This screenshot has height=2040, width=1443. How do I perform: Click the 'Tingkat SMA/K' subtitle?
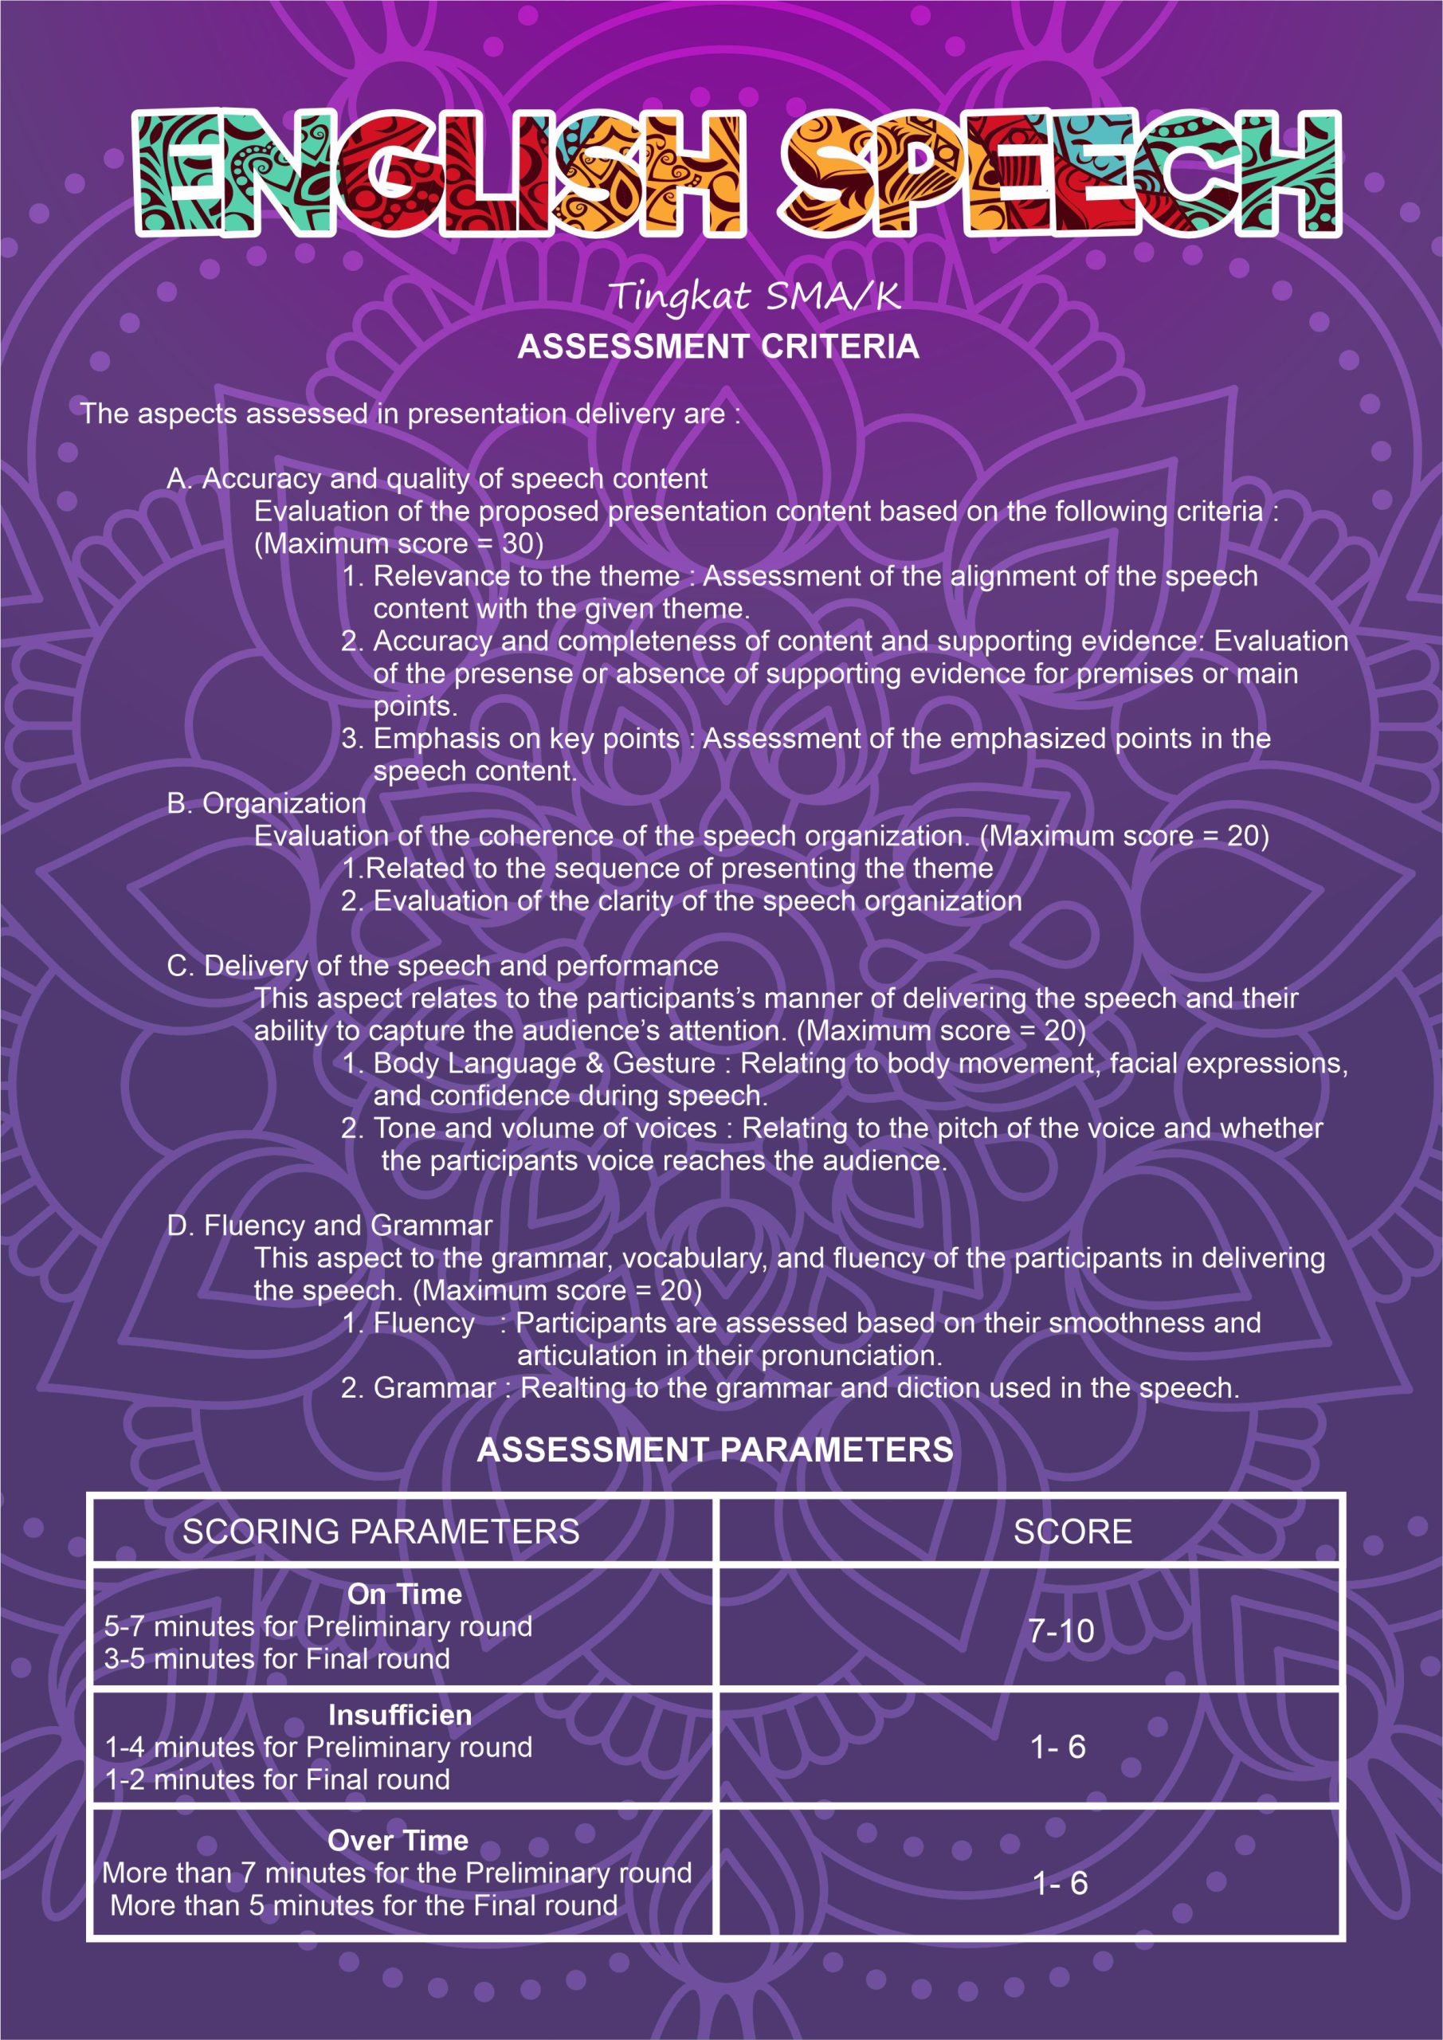pyautogui.click(x=755, y=296)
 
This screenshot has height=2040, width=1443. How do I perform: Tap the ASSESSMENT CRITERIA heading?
pyautogui.click(x=718, y=347)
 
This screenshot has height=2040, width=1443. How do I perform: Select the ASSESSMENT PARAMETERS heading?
pyautogui.click(x=716, y=1450)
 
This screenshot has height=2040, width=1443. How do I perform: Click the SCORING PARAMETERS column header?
pyautogui.click(x=380, y=1532)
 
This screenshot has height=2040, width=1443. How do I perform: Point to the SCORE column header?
pyautogui.click(x=1072, y=1532)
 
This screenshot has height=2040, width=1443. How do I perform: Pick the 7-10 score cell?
pyautogui.click(x=1061, y=1630)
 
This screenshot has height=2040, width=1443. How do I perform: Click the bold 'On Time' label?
pyautogui.click(x=404, y=1594)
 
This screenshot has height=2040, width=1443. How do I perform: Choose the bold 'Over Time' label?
pyautogui.click(x=398, y=1840)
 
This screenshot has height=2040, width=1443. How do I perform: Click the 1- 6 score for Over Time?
pyautogui.click(x=1060, y=1884)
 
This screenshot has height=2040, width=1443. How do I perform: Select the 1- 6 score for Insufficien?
pyautogui.click(x=1057, y=1747)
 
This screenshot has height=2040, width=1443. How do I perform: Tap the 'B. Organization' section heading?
pyautogui.click(x=267, y=803)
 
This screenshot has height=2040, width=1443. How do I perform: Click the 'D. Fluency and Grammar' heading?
pyautogui.click(x=330, y=1226)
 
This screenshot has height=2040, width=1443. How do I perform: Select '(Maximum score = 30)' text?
pyautogui.click(x=399, y=543)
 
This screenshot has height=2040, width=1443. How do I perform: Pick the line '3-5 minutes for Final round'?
pyautogui.click(x=277, y=1659)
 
